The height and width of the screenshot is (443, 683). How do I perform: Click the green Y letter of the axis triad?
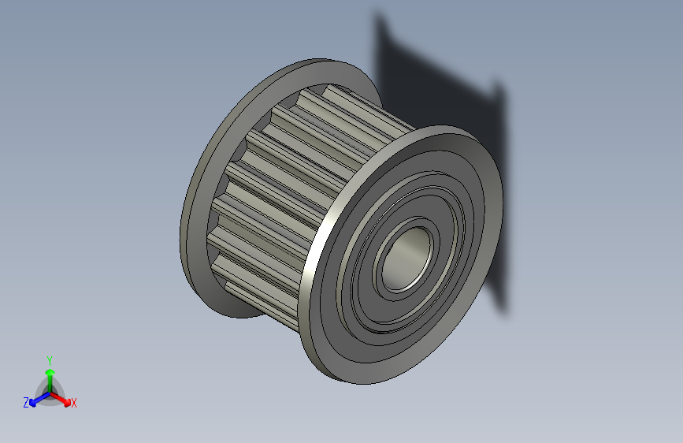[x=49, y=359]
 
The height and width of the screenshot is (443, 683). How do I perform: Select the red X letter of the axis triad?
[x=74, y=403]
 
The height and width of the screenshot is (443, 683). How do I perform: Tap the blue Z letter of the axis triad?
[x=26, y=402]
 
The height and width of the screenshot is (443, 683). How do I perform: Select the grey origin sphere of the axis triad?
[x=49, y=392]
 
